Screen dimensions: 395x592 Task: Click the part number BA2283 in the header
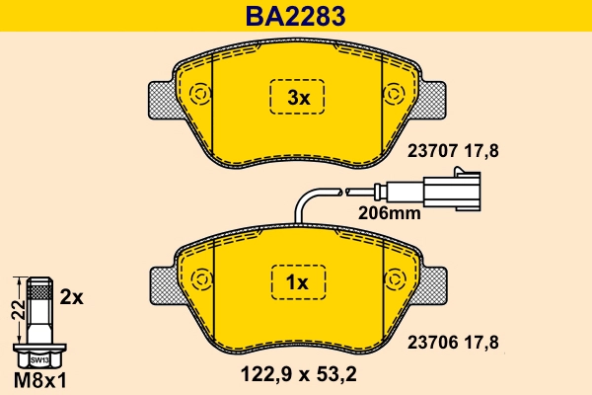pyautogui.click(x=296, y=16)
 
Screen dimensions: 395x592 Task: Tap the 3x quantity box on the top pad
pyautogui.click(x=298, y=98)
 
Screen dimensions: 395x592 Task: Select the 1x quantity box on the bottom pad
pyautogui.click(x=298, y=282)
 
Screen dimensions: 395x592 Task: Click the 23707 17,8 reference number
pyautogui.click(x=453, y=151)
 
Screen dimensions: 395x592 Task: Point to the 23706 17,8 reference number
pyautogui.click(x=453, y=342)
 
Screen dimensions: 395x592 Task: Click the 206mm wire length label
pyautogui.click(x=389, y=212)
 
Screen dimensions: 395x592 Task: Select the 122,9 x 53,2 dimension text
pyautogui.click(x=299, y=373)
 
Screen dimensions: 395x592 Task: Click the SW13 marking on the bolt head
pyautogui.click(x=38, y=360)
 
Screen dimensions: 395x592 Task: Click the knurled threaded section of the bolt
pyautogui.click(x=38, y=291)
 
